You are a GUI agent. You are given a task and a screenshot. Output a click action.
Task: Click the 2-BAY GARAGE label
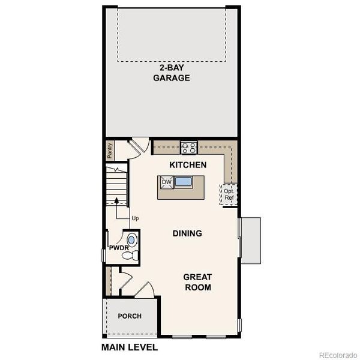coord(171,73)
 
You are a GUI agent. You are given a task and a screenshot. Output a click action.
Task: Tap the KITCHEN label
coord(188,165)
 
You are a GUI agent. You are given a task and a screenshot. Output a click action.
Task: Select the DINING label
coord(187,233)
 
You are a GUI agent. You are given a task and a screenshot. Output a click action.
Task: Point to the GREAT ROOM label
coord(197,282)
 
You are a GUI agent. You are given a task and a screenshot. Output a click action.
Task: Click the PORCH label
coord(130,316)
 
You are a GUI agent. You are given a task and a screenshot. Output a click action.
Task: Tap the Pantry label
coord(110,151)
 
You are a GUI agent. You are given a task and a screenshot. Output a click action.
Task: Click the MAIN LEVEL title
coord(130,347)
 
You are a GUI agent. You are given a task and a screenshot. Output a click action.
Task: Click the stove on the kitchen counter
coord(189,147)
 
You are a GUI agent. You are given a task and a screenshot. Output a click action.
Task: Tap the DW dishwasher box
coord(166,182)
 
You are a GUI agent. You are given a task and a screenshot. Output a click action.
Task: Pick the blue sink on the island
coord(183,182)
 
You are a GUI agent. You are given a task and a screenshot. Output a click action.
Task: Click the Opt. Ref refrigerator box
coord(229,195)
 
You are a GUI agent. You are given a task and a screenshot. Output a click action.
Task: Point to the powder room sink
coord(131,240)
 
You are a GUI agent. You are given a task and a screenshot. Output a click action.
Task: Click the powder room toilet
coord(129,255)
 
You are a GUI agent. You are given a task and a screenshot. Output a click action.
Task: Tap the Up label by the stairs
coord(134,218)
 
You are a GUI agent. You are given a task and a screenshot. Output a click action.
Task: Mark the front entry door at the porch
coord(143,290)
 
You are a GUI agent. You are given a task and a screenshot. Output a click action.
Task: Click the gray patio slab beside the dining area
coord(250,240)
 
